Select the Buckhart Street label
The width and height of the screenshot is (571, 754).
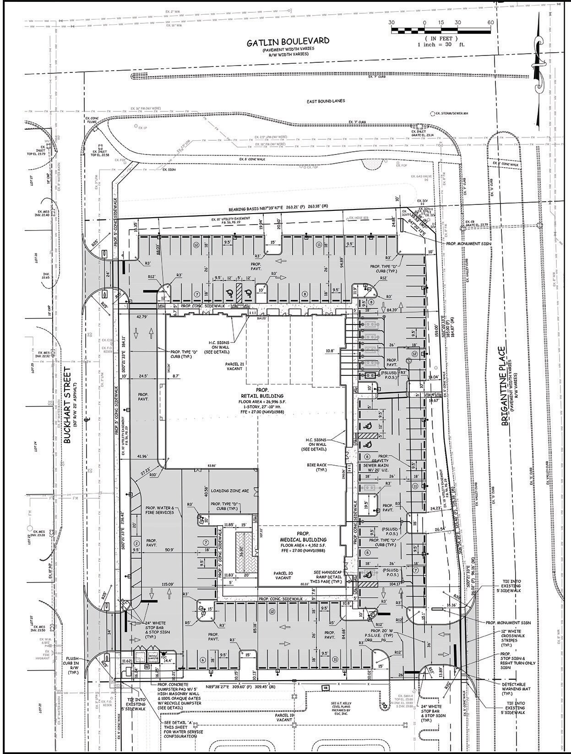point(69,404)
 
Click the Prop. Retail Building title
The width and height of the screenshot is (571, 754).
point(262,396)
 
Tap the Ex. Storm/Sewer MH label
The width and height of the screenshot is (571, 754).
point(451,113)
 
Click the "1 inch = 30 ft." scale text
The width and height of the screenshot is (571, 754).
point(440,44)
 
